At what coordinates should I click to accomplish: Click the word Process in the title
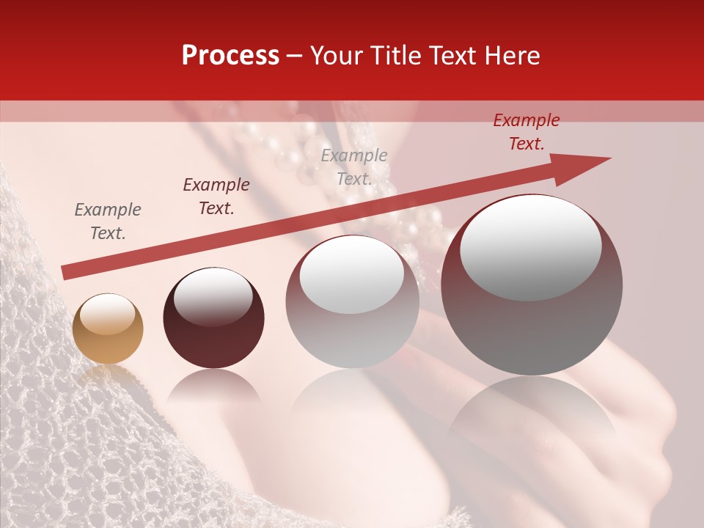point(230,56)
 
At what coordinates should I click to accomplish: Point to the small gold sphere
point(108,329)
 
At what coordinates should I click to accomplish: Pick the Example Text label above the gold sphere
point(108,221)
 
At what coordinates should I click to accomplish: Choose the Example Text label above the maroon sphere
point(216,197)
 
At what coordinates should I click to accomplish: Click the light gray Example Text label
point(354,166)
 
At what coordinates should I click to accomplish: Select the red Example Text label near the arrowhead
point(527,132)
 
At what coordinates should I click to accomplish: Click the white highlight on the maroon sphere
point(213,297)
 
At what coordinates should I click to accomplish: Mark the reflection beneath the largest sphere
point(532,411)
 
